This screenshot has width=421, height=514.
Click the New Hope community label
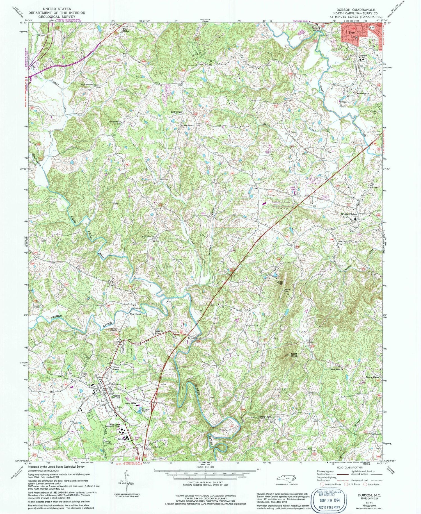pos(135,314)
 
